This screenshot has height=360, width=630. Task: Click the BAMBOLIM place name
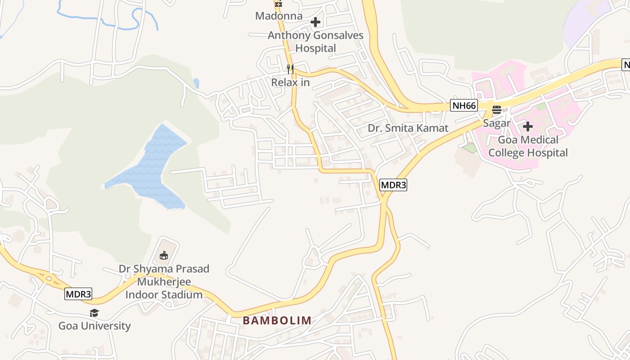(x=277, y=320)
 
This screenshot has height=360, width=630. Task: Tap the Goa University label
(x=94, y=326)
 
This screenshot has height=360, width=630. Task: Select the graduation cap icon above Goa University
(x=94, y=313)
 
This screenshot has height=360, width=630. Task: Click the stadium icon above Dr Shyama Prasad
(x=164, y=256)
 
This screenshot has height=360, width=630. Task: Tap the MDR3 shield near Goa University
(x=78, y=294)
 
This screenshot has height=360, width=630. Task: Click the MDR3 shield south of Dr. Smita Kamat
(x=393, y=184)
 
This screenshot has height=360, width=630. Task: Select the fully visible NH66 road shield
(x=463, y=106)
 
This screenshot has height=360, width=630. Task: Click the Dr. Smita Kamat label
(x=408, y=128)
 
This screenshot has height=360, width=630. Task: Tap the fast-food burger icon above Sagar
(x=497, y=110)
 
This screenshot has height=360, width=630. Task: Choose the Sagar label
(x=497, y=123)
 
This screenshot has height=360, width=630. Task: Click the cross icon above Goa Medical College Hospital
(x=528, y=126)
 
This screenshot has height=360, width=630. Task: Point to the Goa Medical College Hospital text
(x=528, y=146)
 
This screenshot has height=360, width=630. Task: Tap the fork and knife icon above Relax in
(x=290, y=69)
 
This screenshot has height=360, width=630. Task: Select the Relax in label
(x=290, y=83)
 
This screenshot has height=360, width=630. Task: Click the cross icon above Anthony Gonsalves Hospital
(x=315, y=22)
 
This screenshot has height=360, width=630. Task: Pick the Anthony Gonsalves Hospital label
(x=315, y=41)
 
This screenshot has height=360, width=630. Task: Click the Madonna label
(x=279, y=16)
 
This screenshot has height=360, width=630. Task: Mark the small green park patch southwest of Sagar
(x=469, y=148)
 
